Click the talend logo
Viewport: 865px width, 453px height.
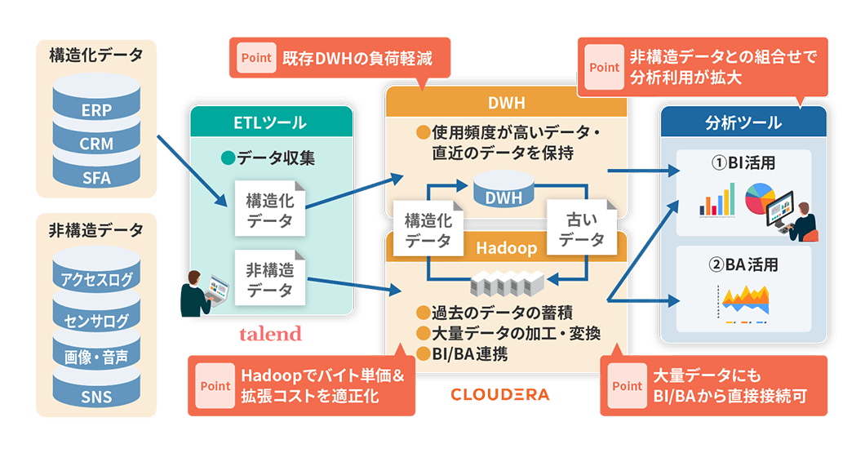point(270,334)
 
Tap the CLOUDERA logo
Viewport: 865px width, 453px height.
point(499,395)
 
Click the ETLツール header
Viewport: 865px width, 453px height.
point(272,122)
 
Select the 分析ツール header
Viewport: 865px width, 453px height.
point(743,123)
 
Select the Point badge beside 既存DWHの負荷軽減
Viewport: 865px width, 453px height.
point(255,59)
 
